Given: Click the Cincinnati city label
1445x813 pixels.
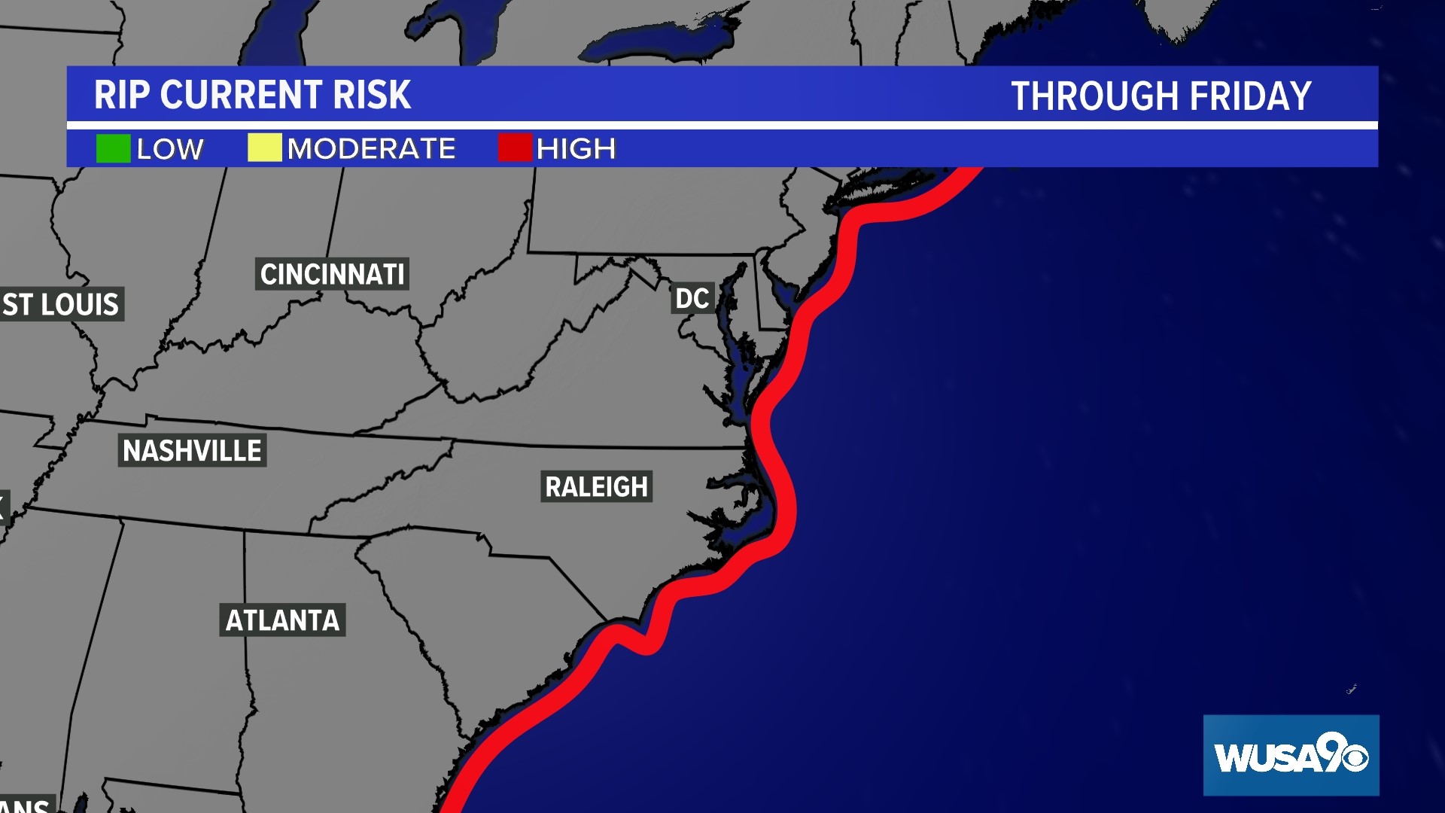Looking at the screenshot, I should tap(332, 275).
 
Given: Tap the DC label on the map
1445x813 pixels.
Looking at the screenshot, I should tap(692, 299).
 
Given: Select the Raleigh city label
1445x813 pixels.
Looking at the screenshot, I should tap(596, 487).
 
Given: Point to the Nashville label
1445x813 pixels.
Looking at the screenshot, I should tap(192, 451).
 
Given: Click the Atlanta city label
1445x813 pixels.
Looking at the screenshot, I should tap(282, 620).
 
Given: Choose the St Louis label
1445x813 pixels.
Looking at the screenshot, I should tap(61, 305).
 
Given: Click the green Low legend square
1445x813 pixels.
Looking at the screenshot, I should tap(113, 148).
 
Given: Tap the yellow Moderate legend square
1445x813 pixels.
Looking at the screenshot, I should tap(264, 148).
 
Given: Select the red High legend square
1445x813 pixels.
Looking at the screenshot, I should tap(515, 148).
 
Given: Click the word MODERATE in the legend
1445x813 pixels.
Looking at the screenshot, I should tap(372, 149).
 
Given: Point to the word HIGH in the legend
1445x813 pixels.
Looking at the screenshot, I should tap(576, 149).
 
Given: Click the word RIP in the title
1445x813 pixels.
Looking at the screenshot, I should tap(121, 96).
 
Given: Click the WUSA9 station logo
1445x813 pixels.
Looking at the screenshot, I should tap(1290, 755).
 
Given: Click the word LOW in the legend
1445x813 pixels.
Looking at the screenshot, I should tap(170, 149).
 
